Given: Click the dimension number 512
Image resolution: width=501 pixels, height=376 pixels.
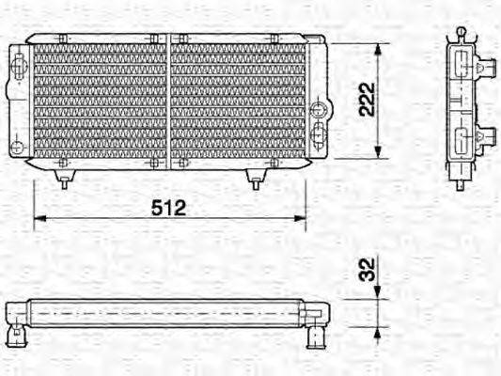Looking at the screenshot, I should click(169, 208).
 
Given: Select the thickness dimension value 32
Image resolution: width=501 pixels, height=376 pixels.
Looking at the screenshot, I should click(368, 271).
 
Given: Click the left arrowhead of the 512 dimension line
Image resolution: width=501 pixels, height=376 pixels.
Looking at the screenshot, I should click(39, 219).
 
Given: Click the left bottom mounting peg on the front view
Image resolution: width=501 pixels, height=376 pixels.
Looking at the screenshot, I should click(63, 179).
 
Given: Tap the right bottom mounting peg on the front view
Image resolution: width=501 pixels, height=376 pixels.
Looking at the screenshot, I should click(253, 179).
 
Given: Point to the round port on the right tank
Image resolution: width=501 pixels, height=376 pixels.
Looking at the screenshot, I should click(318, 129).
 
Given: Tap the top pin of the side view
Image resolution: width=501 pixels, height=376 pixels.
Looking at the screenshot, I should click(461, 33).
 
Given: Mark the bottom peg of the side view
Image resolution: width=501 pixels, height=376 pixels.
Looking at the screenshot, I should click(461, 180).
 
